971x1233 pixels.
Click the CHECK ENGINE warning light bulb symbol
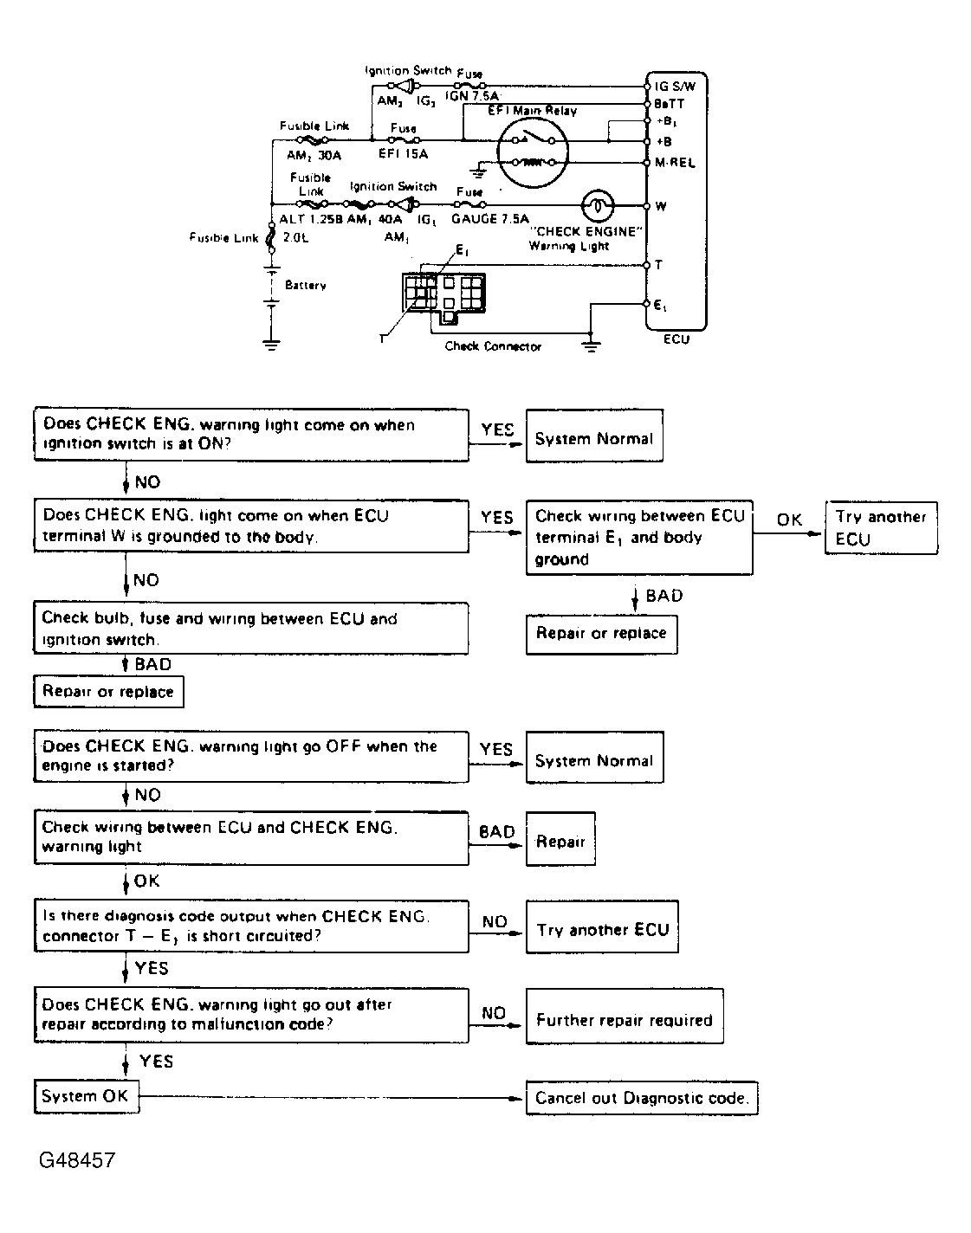[x=598, y=206]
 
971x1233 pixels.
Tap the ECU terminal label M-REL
[x=676, y=163]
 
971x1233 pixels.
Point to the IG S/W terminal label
[x=676, y=87]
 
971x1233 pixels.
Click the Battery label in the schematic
[x=305, y=285]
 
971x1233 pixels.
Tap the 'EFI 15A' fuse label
[x=403, y=154]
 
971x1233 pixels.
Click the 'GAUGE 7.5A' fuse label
[x=489, y=219]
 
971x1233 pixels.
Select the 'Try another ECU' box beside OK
[x=881, y=527]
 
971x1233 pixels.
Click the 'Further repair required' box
[x=624, y=1020]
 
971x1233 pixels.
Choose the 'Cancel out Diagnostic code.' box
[x=642, y=1098]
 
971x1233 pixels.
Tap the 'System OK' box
[x=85, y=1096]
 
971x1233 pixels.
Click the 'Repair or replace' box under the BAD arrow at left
[x=108, y=692]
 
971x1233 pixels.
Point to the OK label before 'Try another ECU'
[x=789, y=520]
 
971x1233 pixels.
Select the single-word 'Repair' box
[x=560, y=841]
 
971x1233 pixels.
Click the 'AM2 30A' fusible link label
[x=314, y=155]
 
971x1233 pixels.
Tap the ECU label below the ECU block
[x=676, y=339]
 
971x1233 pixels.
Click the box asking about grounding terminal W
[x=251, y=526]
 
